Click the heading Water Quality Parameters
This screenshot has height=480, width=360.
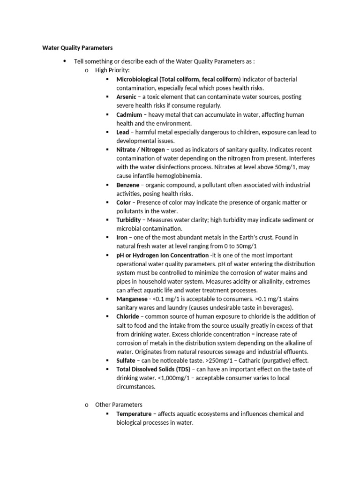point(77,47)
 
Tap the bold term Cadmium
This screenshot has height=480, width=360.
point(129,114)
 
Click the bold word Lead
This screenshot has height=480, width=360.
point(123,132)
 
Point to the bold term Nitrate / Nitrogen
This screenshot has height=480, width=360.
point(141,150)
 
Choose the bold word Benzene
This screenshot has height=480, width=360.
point(127,185)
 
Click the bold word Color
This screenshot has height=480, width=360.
point(124,202)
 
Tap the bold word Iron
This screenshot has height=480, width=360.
point(122,238)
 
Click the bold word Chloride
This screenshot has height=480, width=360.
point(127,316)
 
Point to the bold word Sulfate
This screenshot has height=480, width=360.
point(126,360)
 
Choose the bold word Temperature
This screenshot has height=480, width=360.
point(134,414)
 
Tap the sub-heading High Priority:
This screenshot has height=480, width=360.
point(109,70)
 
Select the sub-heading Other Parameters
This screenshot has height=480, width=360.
point(119,405)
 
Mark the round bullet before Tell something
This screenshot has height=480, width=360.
point(65,61)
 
